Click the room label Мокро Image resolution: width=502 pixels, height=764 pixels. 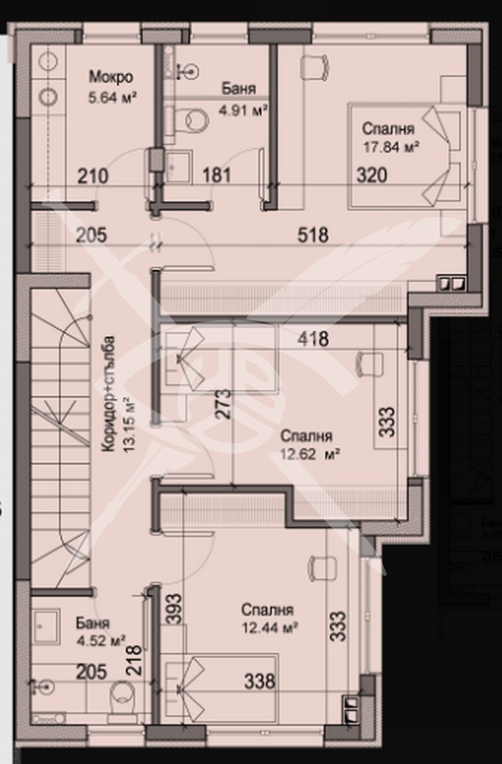[110, 77]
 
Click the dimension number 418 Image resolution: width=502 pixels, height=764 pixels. [314, 339]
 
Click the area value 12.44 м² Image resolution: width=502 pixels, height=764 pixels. [266, 627]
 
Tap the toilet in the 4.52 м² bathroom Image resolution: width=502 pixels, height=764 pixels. [121, 698]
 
